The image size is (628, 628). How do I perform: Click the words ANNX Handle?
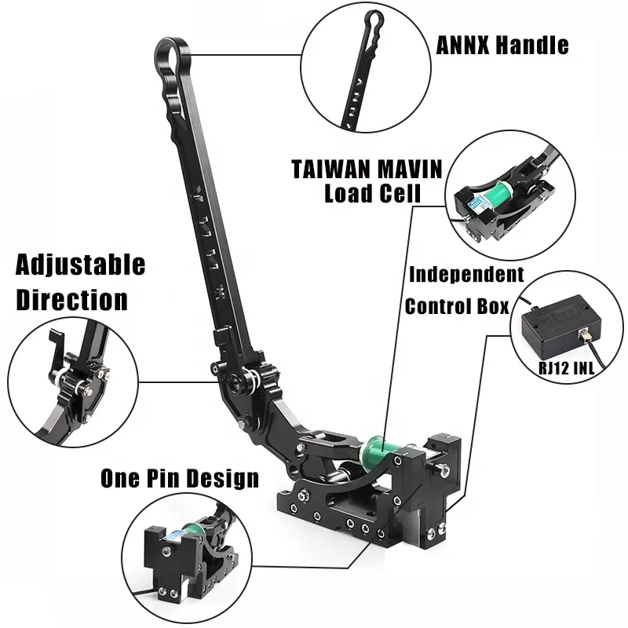pyautogui.click(x=502, y=45)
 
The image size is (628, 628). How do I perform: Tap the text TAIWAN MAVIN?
pyautogui.click(x=367, y=169)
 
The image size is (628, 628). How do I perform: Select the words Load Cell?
pyautogui.click(x=372, y=193)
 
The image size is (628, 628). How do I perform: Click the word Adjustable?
pyautogui.click(x=80, y=265)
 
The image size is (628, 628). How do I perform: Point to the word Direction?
pyautogui.click(x=72, y=300)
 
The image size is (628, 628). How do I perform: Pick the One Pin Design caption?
pyautogui.click(x=180, y=478)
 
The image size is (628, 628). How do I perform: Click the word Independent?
pyautogui.click(x=466, y=275)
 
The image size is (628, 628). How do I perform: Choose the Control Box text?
pyautogui.click(x=457, y=306)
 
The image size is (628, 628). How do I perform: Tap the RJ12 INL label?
pyautogui.click(x=566, y=367)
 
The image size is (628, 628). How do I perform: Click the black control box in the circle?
pyautogui.click(x=560, y=324)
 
